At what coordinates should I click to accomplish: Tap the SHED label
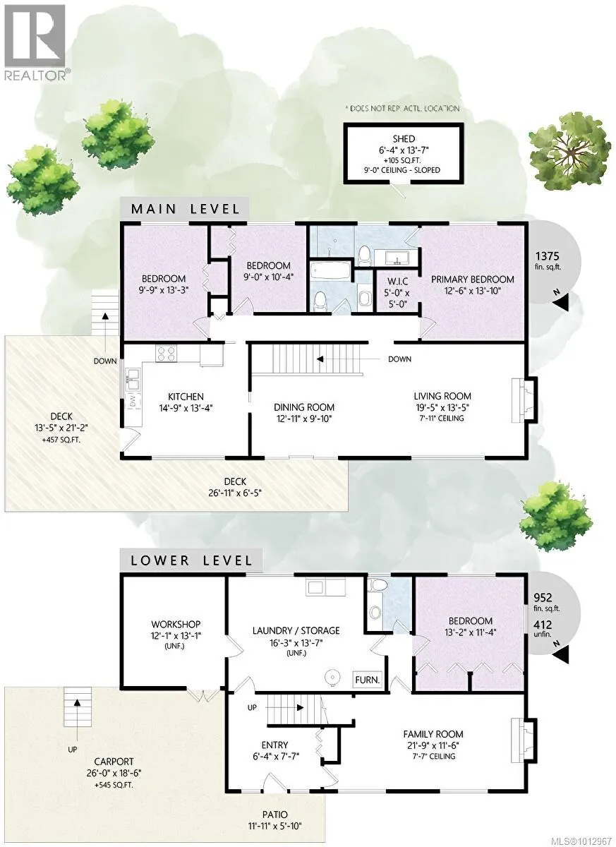pos(403,138)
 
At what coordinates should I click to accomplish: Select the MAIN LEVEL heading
pos(185,209)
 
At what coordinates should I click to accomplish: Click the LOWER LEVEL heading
pos(191,560)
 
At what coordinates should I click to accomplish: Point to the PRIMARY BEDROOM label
pos(472,279)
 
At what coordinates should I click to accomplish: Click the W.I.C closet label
pos(397,282)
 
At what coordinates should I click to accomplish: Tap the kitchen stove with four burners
pos(166,354)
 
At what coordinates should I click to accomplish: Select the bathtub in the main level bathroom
pos(331,271)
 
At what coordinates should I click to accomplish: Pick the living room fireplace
pos(524,400)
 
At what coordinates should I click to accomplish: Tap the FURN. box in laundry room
pos(367,680)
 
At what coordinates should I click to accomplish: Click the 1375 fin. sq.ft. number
pos(547,256)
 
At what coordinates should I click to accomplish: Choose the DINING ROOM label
pos(304,407)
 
